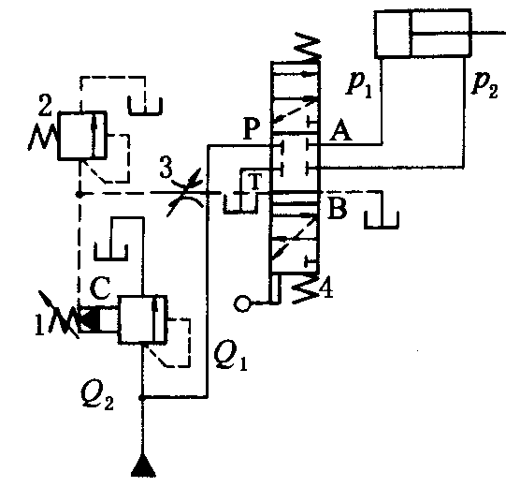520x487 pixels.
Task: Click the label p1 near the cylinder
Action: click(359, 84)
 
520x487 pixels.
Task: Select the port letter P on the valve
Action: click(252, 129)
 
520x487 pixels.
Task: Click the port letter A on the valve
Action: click(340, 130)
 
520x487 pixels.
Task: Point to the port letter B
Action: click(337, 208)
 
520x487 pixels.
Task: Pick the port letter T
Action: click(255, 182)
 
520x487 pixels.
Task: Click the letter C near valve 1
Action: click(100, 288)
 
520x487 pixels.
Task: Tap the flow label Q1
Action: click(230, 356)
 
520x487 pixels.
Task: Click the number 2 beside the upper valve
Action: click(45, 104)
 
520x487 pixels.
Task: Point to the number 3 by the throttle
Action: click(166, 167)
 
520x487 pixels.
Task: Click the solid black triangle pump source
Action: click(143, 466)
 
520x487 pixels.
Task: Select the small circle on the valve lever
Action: click(242, 303)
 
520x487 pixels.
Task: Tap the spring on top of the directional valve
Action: click(308, 47)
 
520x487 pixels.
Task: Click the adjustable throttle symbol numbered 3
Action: click(186, 193)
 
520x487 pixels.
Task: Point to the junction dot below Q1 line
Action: click(142, 398)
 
